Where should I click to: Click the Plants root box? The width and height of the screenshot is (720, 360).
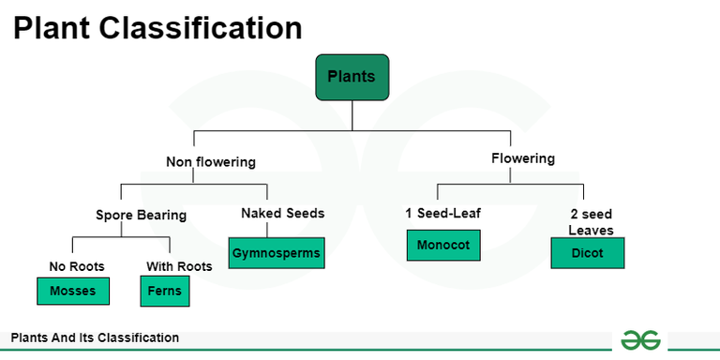[352, 77]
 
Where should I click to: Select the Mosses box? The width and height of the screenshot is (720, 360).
[73, 292]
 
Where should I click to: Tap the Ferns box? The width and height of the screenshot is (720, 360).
[164, 292]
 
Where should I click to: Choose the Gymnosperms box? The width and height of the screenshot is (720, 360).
[277, 253]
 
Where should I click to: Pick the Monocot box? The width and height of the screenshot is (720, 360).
[444, 245]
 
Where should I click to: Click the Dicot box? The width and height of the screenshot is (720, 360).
[587, 253]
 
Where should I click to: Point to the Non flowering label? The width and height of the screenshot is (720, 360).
[211, 162]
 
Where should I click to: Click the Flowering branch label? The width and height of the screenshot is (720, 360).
[523, 158]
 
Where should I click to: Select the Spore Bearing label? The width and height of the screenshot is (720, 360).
[142, 215]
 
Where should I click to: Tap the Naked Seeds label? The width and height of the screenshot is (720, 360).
[282, 213]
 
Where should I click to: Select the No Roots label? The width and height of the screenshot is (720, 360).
[77, 266]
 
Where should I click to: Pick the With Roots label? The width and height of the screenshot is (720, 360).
[179, 266]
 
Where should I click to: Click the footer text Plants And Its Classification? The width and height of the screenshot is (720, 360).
[95, 337]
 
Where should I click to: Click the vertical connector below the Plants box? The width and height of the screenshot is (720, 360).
[352, 113]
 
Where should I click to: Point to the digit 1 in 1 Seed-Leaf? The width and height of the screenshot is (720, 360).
[410, 213]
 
